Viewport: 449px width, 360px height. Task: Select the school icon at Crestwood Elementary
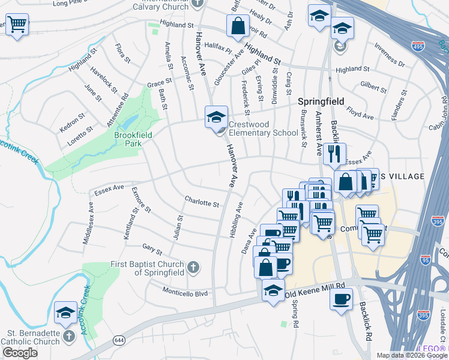(x=216, y=117)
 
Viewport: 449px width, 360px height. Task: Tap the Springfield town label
(x=321, y=101)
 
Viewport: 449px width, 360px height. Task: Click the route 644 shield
(x=118, y=340)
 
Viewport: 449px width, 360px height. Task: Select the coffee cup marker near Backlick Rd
(x=341, y=298)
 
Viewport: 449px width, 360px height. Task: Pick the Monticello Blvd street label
(x=185, y=293)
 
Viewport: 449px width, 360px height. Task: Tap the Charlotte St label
(x=202, y=203)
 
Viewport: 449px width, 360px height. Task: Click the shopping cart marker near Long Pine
(x=17, y=25)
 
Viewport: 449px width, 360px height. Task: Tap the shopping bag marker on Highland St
(x=238, y=26)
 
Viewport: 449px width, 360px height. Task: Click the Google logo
(x=20, y=353)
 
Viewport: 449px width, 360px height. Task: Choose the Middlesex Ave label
(x=88, y=223)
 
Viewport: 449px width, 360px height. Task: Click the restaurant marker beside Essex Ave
(x=334, y=154)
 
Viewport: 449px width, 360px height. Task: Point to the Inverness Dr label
(x=388, y=55)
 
